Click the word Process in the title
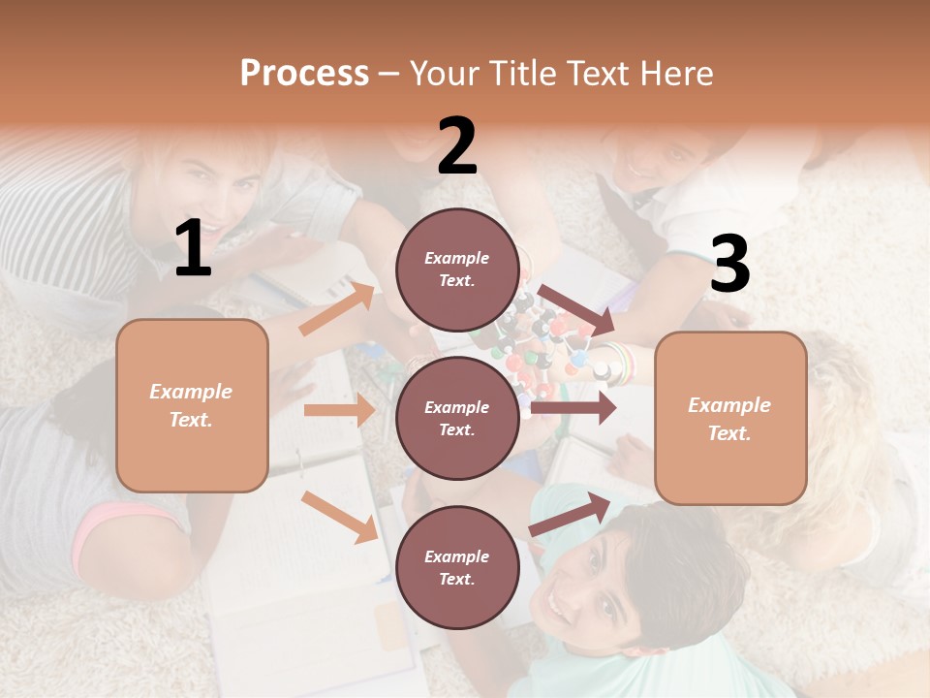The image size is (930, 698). tap(304, 74)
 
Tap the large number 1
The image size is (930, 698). tap(193, 249)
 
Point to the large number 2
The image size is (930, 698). tap(457, 146)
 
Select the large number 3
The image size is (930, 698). tap(729, 264)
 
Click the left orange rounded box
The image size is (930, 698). tap(192, 405)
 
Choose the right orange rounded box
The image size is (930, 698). tap(730, 419)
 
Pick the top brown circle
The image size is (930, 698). tap(457, 270)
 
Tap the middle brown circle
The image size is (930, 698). tap(457, 419)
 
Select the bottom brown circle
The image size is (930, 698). tap(457, 568)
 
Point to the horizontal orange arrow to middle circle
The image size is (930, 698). tap(339, 410)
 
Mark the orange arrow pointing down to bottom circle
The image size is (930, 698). tap(339, 516)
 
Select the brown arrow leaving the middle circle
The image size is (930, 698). tap(573, 408)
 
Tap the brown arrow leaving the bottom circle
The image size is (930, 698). tap(570, 514)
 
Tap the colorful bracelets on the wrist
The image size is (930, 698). tap(621, 363)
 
